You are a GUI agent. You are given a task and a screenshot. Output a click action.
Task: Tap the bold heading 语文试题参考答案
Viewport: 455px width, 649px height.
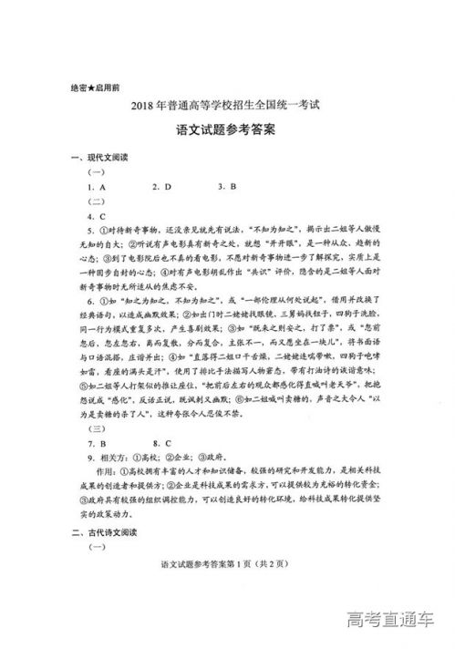(227, 130)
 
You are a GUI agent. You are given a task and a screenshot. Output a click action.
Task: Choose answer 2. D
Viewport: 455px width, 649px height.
(162, 187)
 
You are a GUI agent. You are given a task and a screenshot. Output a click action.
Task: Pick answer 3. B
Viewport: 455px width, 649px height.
(227, 187)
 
